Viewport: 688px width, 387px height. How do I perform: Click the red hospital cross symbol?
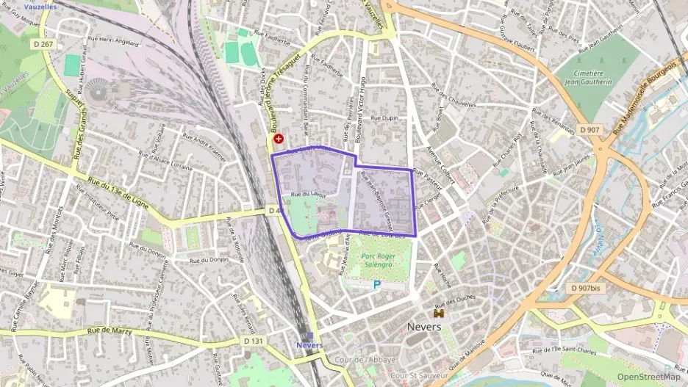(x=279, y=138)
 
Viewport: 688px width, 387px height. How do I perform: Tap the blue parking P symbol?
(x=377, y=284)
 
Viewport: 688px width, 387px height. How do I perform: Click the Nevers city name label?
(x=425, y=326)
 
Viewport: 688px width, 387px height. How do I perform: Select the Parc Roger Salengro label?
(x=379, y=260)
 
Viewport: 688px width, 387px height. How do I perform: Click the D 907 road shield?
(x=590, y=129)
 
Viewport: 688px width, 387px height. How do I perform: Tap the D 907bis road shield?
(x=586, y=289)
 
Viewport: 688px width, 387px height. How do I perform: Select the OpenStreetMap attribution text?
(x=649, y=377)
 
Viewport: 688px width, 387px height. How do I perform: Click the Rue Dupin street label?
(x=385, y=117)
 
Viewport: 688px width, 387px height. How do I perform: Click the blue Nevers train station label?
(x=309, y=344)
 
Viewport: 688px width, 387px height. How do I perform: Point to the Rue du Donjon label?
(x=209, y=260)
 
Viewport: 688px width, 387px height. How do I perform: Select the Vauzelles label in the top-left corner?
(x=40, y=6)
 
